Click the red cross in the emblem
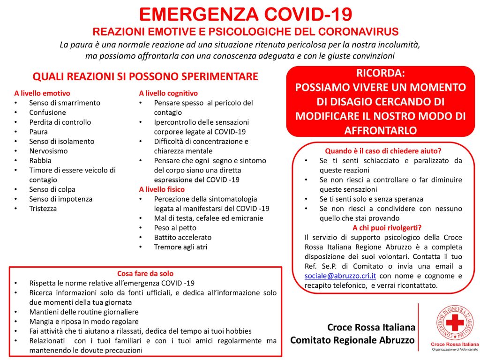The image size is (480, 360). pos(454,323)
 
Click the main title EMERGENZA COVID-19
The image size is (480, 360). pos(246,15)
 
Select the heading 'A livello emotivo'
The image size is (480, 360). pos(42,93)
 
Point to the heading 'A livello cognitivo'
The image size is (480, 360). pos(168,93)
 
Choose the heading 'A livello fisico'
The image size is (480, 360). pos(162,189)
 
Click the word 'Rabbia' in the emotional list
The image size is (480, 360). pos(40,160)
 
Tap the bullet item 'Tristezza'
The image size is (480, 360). pos(43,209)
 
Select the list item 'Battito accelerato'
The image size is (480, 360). pos(183,237)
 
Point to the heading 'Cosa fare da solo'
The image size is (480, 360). pos(145,273)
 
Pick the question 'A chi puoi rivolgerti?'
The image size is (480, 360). pos(387,228)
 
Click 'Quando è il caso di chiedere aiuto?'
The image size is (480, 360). pos(383,151)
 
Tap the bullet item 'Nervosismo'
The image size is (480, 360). pos(48,151)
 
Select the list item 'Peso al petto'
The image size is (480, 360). pos(175,228)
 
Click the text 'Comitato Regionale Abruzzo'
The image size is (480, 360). pos(352,340)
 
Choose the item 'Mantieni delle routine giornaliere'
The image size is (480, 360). pos(84,312)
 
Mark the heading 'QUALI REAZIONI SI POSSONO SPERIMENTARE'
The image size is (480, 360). pos(145,76)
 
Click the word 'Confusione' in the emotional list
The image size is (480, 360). pos(47,112)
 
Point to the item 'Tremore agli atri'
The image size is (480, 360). pos(180,247)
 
